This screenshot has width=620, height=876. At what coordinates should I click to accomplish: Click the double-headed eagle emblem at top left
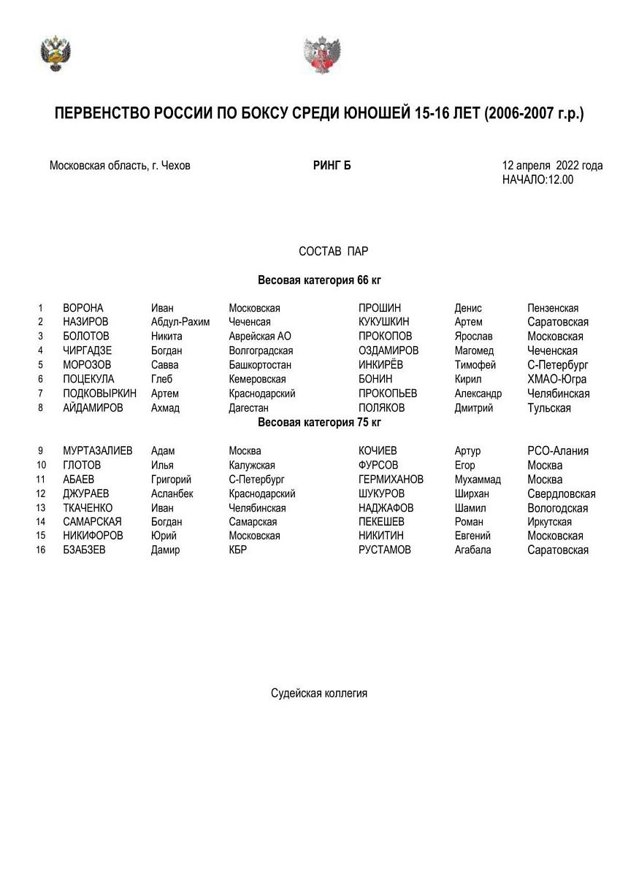pos(56,53)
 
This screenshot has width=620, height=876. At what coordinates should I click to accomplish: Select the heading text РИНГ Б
pos(332,166)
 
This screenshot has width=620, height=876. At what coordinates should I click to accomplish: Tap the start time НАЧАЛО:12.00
pos(537,180)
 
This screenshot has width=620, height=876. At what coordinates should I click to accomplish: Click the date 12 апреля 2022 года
pos(552,166)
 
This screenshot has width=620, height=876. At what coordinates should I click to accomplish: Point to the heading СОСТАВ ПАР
pos(334,252)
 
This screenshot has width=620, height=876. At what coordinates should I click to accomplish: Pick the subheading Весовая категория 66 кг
pos(319,280)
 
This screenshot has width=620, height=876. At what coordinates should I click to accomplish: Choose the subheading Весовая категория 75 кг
pos(319,422)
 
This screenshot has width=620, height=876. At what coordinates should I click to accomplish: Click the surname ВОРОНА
pos(83,308)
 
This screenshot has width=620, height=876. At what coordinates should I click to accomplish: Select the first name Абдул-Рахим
pos(180,322)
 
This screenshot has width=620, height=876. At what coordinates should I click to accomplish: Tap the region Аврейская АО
pos(260,337)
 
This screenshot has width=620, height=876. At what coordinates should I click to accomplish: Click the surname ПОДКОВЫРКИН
pos(100,393)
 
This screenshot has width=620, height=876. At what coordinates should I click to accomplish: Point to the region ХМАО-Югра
pos(556,379)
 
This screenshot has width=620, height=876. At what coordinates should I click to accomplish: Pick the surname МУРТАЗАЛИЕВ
pos(98,451)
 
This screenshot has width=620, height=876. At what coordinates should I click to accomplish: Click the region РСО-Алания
pos(558,451)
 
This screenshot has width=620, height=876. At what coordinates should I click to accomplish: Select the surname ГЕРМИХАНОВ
pos(391,480)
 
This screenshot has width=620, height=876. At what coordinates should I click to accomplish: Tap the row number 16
pos(41,550)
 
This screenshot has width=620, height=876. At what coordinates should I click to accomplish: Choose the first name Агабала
pos(472,550)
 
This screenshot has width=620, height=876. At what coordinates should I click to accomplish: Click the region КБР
pos(237,550)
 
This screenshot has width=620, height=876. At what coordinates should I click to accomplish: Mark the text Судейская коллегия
pos(319,693)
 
